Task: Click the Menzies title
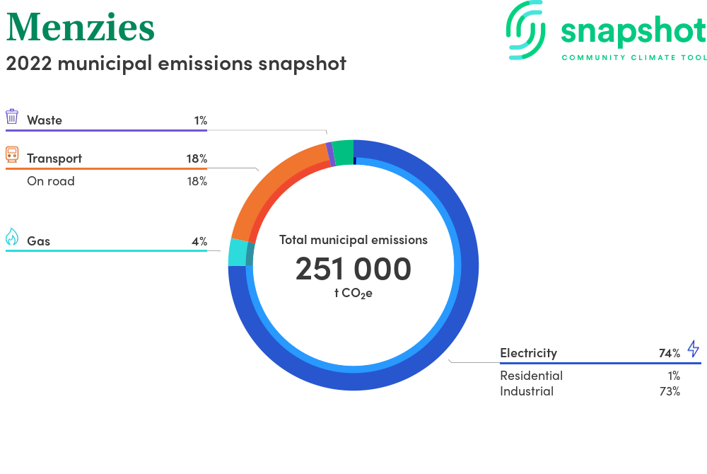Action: pos(81,28)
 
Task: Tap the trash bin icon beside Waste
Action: pos(12,116)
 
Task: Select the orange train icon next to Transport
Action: pos(12,154)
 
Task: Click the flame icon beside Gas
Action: pos(12,237)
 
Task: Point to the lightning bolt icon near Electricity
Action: pos(694,349)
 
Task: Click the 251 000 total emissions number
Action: pos(353,269)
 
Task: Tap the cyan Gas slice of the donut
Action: pos(238,253)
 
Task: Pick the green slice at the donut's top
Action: pos(344,152)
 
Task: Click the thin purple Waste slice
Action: pos(330,154)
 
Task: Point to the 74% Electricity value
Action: pos(669,353)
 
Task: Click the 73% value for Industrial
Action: pos(670,391)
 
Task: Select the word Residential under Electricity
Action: pos(531,376)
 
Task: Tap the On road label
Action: pos(50,181)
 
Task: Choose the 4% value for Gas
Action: pos(199,241)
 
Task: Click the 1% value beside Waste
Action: pos(201,120)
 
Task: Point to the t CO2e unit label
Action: pos(353,294)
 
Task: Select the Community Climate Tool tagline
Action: pos(634,58)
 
